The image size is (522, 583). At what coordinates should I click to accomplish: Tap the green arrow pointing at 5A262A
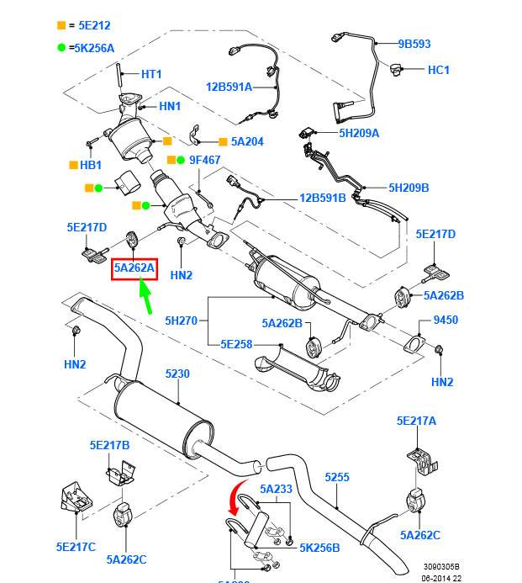click(x=146, y=297)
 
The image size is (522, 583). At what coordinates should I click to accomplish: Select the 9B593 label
click(x=414, y=44)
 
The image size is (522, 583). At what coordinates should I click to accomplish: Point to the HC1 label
click(x=439, y=70)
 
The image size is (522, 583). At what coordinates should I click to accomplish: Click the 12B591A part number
click(x=229, y=86)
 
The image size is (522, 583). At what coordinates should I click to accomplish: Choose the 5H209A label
click(x=359, y=133)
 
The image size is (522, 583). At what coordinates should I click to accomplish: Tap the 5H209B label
click(x=409, y=188)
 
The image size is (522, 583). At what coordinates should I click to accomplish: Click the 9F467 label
click(x=204, y=159)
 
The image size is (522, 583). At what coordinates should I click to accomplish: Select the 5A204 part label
click(x=246, y=141)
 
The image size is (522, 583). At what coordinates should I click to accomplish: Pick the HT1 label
click(x=151, y=74)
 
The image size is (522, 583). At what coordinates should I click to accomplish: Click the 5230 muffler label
click(x=178, y=374)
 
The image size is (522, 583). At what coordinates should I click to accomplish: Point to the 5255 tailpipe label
click(x=336, y=477)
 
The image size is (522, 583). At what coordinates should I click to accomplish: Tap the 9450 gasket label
click(x=446, y=321)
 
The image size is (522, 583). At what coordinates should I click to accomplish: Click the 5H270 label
click(x=181, y=321)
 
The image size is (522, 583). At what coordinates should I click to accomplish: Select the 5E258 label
click(x=237, y=344)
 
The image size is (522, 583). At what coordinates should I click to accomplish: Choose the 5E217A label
click(x=417, y=421)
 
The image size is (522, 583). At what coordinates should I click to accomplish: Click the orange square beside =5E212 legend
click(x=61, y=26)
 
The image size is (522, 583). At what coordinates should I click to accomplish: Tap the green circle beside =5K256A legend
click(x=61, y=48)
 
